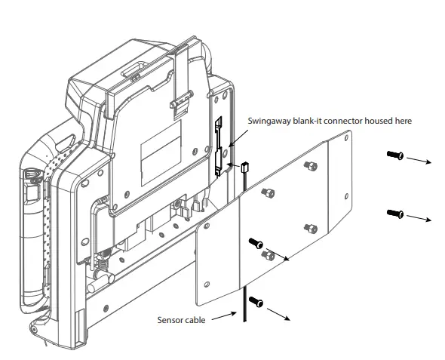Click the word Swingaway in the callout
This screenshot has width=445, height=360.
pyautogui.click(x=270, y=121)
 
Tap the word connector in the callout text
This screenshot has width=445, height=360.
pyautogui.click(x=339, y=121)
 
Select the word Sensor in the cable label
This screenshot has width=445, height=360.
pyautogui.click(x=170, y=319)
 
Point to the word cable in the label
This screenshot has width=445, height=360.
pyautogui.click(x=195, y=319)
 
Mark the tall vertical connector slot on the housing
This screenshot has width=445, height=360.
pyautogui.click(x=219, y=146)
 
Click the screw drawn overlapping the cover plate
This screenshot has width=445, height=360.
pyautogui.click(x=256, y=244)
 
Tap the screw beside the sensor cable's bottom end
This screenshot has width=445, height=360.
pyautogui.click(x=256, y=302)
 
